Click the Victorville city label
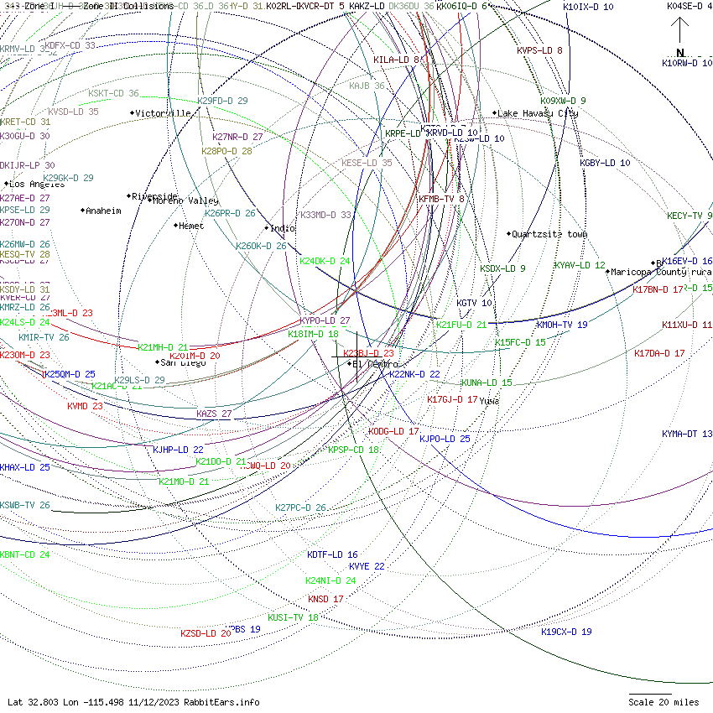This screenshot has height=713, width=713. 164,113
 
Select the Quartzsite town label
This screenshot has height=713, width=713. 549,234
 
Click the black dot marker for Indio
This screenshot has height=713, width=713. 268,228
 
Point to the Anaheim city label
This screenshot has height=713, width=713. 103,211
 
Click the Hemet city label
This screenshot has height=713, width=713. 191,226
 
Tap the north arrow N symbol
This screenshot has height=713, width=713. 680,52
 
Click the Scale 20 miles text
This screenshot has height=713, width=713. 664,702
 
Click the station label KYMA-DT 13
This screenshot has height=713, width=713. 687,434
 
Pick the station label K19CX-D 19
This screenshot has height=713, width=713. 566,632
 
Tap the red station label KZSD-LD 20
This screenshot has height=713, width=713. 206,633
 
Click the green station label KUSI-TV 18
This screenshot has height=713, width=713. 293,617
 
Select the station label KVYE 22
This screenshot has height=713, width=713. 367,566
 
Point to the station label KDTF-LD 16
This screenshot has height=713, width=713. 332,554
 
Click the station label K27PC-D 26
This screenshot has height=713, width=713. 300,507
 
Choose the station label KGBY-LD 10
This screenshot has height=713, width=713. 605,163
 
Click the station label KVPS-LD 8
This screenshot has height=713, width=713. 539,50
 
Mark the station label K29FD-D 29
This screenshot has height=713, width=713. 222,101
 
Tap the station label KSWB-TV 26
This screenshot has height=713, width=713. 25,506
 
